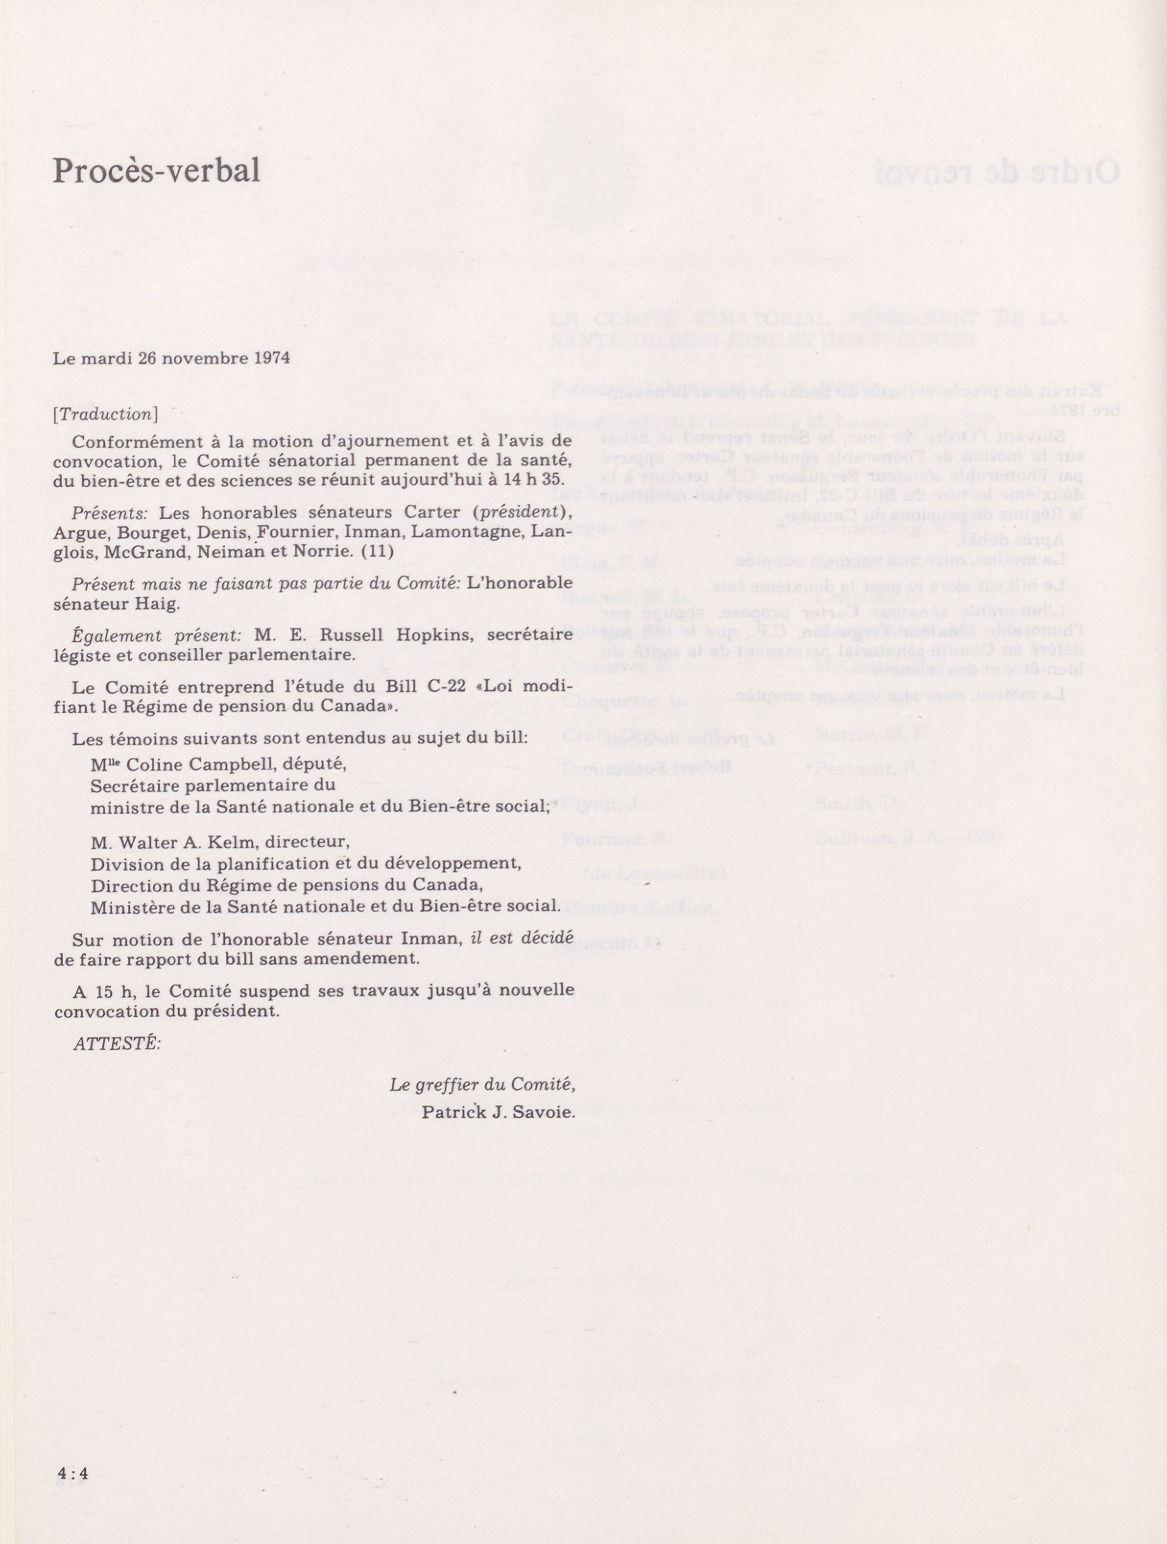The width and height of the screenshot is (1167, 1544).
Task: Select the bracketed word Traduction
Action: (105, 414)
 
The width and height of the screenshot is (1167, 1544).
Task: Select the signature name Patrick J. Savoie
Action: (498, 1113)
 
